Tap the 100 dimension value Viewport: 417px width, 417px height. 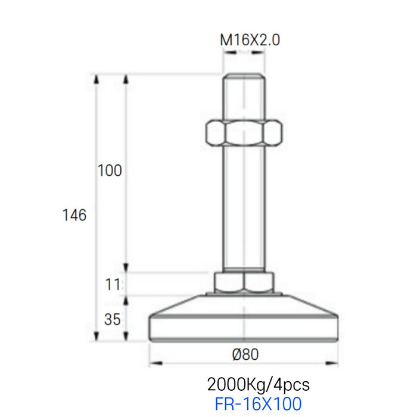click(x=110, y=171)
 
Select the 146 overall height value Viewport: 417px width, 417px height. click(x=74, y=215)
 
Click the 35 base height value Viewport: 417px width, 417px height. click(x=112, y=319)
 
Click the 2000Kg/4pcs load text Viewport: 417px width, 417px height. click(x=258, y=383)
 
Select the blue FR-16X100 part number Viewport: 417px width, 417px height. click(x=258, y=403)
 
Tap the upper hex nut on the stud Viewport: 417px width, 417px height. click(x=243, y=133)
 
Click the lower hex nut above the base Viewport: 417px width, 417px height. click(x=244, y=282)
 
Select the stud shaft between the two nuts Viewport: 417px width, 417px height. click(x=243, y=208)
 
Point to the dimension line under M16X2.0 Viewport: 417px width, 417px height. click(x=243, y=52)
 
